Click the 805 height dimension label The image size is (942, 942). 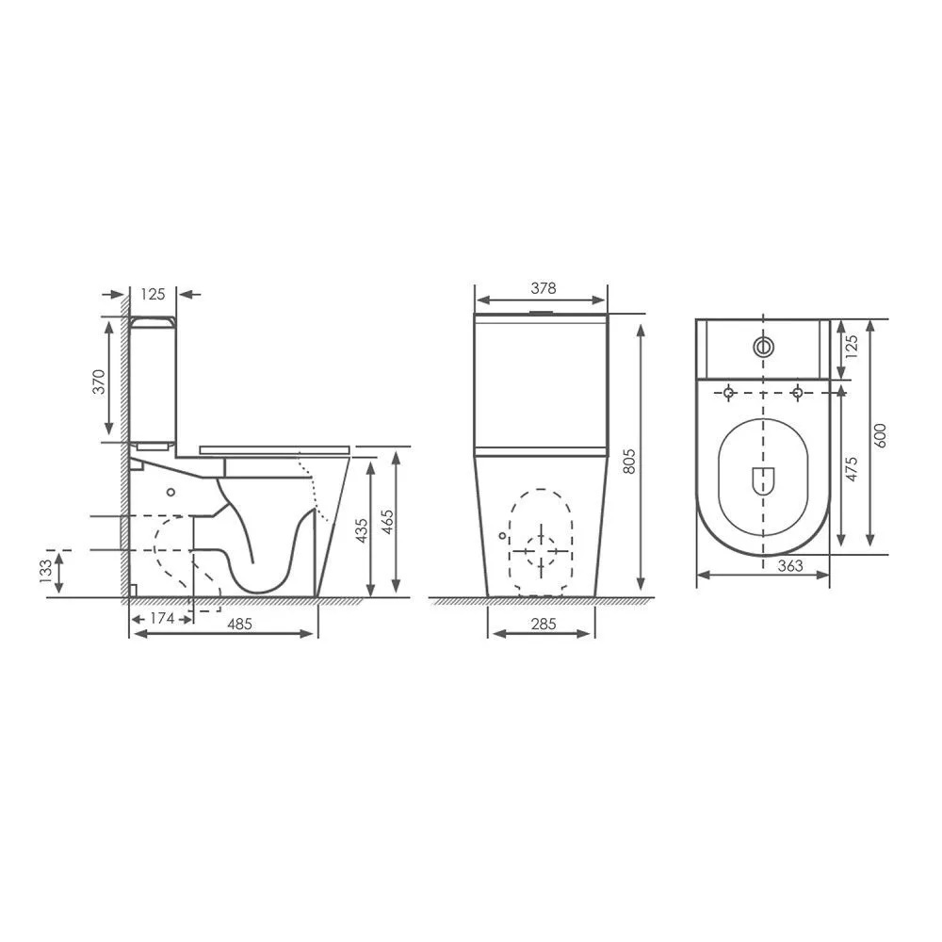pos(629,461)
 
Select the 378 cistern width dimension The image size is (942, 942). pos(544,288)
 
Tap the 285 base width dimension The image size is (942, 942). pos(544,625)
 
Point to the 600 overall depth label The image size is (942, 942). pos(880,435)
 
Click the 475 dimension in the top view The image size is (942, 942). pos(852,469)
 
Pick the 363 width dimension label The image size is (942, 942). pos(790,566)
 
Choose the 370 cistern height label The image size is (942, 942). pos(99,382)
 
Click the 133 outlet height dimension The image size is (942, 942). pos(45,572)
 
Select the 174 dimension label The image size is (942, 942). pos(162,618)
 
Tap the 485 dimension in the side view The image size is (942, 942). pos(239,625)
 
